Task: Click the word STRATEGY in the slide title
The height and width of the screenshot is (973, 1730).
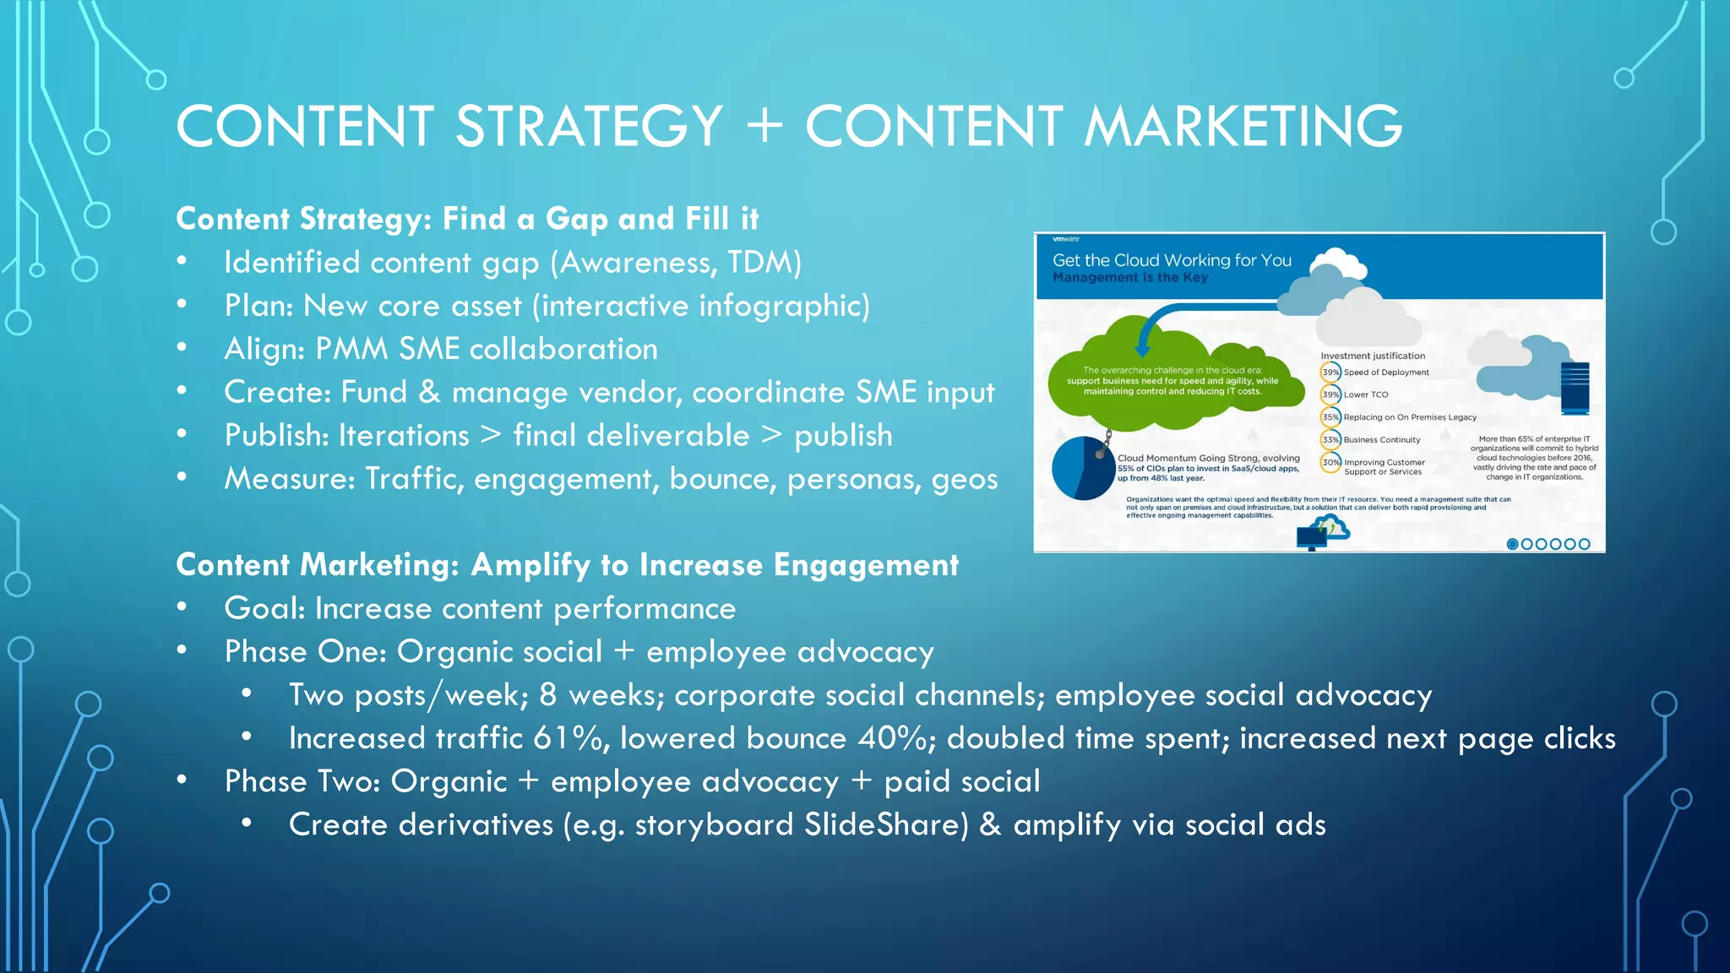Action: coord(589,127)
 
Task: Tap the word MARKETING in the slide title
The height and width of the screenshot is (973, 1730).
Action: coord(1243,127)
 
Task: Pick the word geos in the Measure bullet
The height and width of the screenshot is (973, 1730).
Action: coord(964,479)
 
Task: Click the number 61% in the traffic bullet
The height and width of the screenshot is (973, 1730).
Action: coord(567,738)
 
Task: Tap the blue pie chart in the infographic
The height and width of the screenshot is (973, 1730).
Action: coord(1082,468)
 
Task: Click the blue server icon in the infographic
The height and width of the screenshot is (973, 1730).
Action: coord(1575,389)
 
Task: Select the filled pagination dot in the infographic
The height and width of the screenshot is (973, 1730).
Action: coord(1513,544)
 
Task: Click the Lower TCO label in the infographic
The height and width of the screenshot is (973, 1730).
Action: coord(1366,394)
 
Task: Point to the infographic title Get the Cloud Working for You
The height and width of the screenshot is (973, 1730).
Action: coord(1172,260)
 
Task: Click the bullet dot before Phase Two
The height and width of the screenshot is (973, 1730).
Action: coord(182,780)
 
